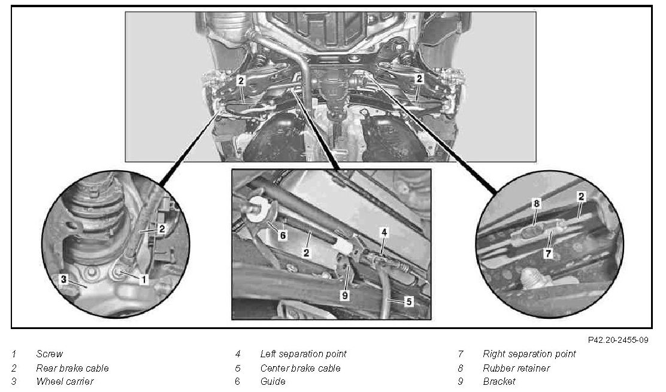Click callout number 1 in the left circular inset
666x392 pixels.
[144, 279]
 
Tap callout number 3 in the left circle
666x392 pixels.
[63, 279]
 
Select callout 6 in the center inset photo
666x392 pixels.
[283, 235]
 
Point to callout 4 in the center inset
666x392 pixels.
[384, 232]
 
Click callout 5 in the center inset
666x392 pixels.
[409, 301]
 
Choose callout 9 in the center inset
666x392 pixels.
[345, 295]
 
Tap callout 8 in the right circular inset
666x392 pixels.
[537, 204]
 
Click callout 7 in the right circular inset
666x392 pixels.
[549, 254]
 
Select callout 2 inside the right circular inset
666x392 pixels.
[581, 197]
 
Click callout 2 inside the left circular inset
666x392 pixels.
[162, 229]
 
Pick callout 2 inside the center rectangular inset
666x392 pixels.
[306, 253]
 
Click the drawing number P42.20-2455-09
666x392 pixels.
[618, 340]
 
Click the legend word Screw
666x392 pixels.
[49, 354]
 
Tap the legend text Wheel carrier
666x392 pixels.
[65, 381]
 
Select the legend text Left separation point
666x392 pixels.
[303, 354]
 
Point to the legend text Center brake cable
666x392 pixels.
[300, 368]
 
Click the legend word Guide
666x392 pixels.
[273, 381]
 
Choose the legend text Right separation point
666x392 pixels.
[529, 354]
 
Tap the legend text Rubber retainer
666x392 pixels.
[516, 368]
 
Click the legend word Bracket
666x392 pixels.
[499, 381]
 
